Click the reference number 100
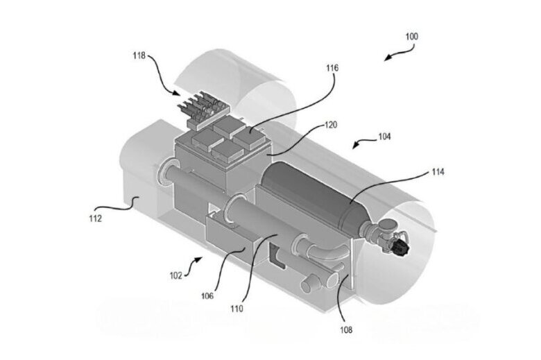point(411,37)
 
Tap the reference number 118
point(139,55)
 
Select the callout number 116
point(332,68)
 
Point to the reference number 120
point(331,125)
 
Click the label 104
point(384,137)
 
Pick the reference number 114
point(438,171)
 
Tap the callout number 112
point(95,218)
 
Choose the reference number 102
point(175,275)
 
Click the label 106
point(207,295)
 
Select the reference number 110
point(237,309)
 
